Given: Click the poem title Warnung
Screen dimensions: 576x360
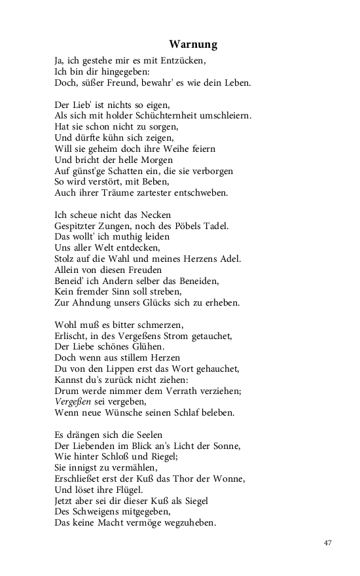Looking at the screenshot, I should click(193, 45).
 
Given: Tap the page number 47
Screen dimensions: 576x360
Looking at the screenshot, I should click(328, 543).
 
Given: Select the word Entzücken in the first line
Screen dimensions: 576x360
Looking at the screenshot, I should click(184, 60).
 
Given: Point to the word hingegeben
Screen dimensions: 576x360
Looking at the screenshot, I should click(125, 71).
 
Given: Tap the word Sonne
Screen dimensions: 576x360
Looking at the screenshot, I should click(225, 446).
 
